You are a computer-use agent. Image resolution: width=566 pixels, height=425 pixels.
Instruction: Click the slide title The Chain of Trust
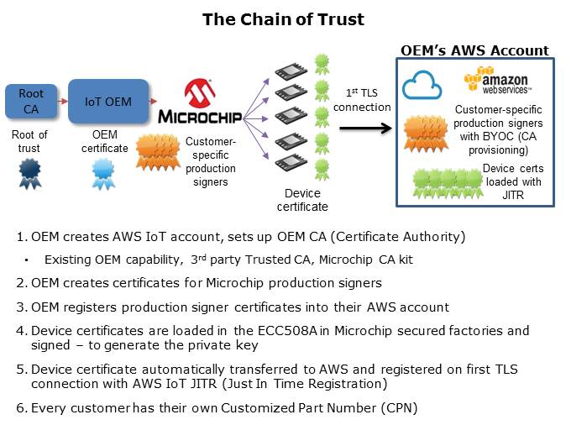point(283,18)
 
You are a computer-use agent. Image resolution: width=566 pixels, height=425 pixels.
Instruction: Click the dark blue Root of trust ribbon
point(30,172)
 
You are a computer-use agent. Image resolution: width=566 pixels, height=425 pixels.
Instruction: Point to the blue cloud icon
point(422,86)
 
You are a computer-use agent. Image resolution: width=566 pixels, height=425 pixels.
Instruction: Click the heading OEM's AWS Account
point(474,50)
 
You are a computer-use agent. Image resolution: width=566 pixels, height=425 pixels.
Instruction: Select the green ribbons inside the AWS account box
point(445,181)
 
